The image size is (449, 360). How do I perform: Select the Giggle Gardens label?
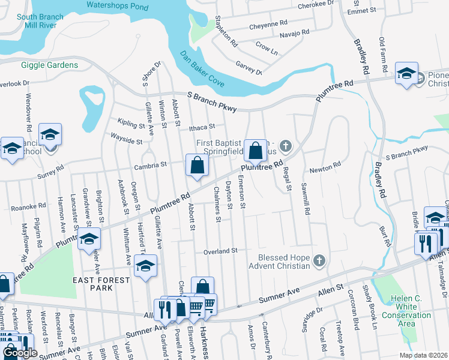[x=49, y=65]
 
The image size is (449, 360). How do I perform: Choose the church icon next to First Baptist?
[x=286, y=145]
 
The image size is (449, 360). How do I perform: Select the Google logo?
[x=20, y=353]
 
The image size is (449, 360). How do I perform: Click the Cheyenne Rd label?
[x=268, y=24]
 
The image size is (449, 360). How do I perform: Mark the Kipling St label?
[x=131, y=122]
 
